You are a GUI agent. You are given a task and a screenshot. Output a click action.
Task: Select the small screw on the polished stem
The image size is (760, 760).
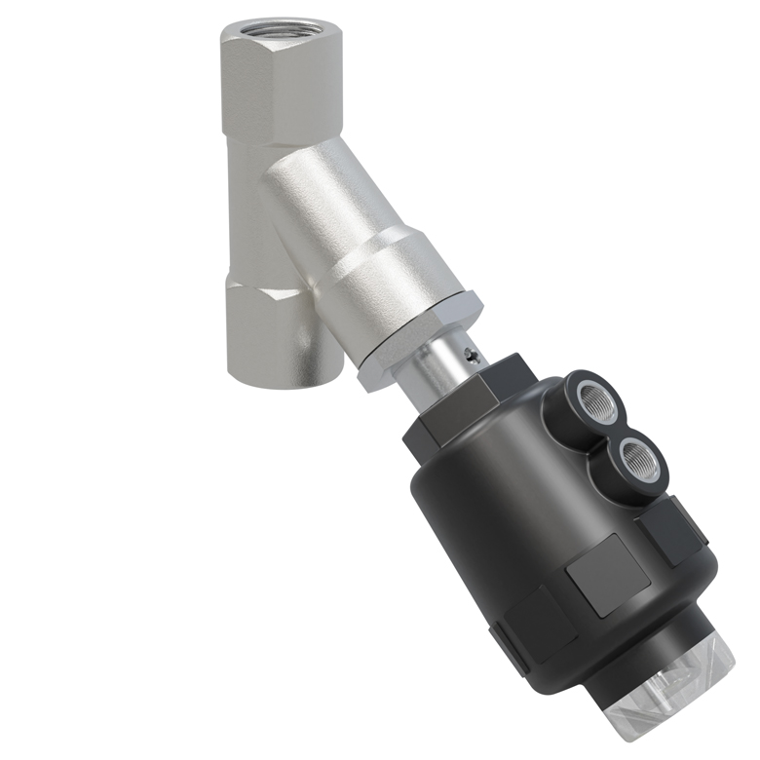pos(473,357)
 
